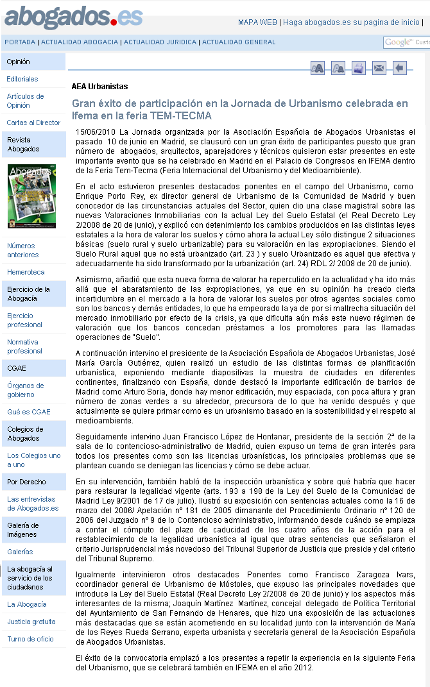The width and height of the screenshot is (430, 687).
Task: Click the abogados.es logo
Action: click(73, 17)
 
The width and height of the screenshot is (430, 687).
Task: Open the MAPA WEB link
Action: click(257, 22)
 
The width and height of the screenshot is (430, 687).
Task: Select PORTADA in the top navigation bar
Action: click(20, 42)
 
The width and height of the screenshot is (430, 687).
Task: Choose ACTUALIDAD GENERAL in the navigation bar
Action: click(239, 42)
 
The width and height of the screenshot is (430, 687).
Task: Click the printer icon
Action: click(359, 68)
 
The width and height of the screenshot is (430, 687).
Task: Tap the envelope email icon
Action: click(379, 68)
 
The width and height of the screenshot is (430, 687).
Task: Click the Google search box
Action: click(407, 42)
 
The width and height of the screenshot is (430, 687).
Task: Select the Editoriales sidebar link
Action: click(22, 79)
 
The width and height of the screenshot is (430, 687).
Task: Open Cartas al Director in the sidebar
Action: click(33, 123)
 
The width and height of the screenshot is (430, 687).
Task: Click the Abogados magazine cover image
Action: click(31, 196)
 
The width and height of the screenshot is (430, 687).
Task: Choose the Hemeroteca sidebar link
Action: click(26, 272)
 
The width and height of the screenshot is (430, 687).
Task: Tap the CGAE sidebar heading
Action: click(17, 368)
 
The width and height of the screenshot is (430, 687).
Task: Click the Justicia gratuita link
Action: click(31, 622)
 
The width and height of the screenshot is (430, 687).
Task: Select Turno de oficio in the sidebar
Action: click(30, 639)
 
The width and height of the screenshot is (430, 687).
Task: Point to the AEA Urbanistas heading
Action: click(99, 87)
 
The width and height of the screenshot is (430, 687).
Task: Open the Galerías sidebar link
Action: click(20, 552)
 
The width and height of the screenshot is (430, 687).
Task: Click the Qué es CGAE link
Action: click(28, 412)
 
